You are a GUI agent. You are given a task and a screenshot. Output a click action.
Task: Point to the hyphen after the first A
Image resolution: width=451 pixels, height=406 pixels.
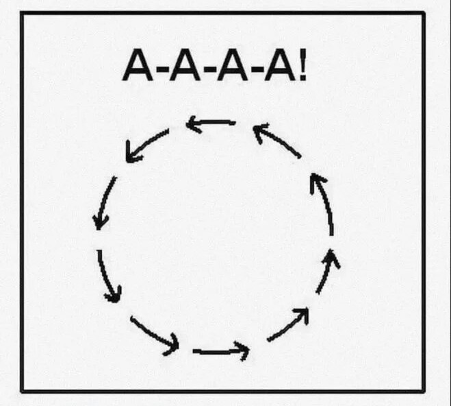pyautogui.click(x=162, y=69)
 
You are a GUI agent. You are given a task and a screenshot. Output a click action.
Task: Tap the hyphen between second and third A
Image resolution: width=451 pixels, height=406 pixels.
pyautogui.click(x=209, y=69)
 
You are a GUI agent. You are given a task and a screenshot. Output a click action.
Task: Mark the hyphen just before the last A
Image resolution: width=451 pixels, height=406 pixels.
pyautogui.click(x=256, y=69)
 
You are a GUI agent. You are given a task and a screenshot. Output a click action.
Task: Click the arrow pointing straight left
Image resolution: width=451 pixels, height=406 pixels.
pyautogui.click(x=211, y=123)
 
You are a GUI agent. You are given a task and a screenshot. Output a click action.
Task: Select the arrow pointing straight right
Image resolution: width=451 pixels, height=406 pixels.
pyautogui.click(x=221, y=351)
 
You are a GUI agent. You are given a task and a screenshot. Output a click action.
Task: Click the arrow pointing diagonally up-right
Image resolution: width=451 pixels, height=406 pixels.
pyautogui.click(x=288, y=325)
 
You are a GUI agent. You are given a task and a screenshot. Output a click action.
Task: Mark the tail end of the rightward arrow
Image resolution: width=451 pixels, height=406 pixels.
pyautogui.click(x=194, y=350)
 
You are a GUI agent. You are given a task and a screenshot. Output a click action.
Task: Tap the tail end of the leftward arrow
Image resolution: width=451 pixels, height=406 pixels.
pyautogui.click(x=235, y=123)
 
